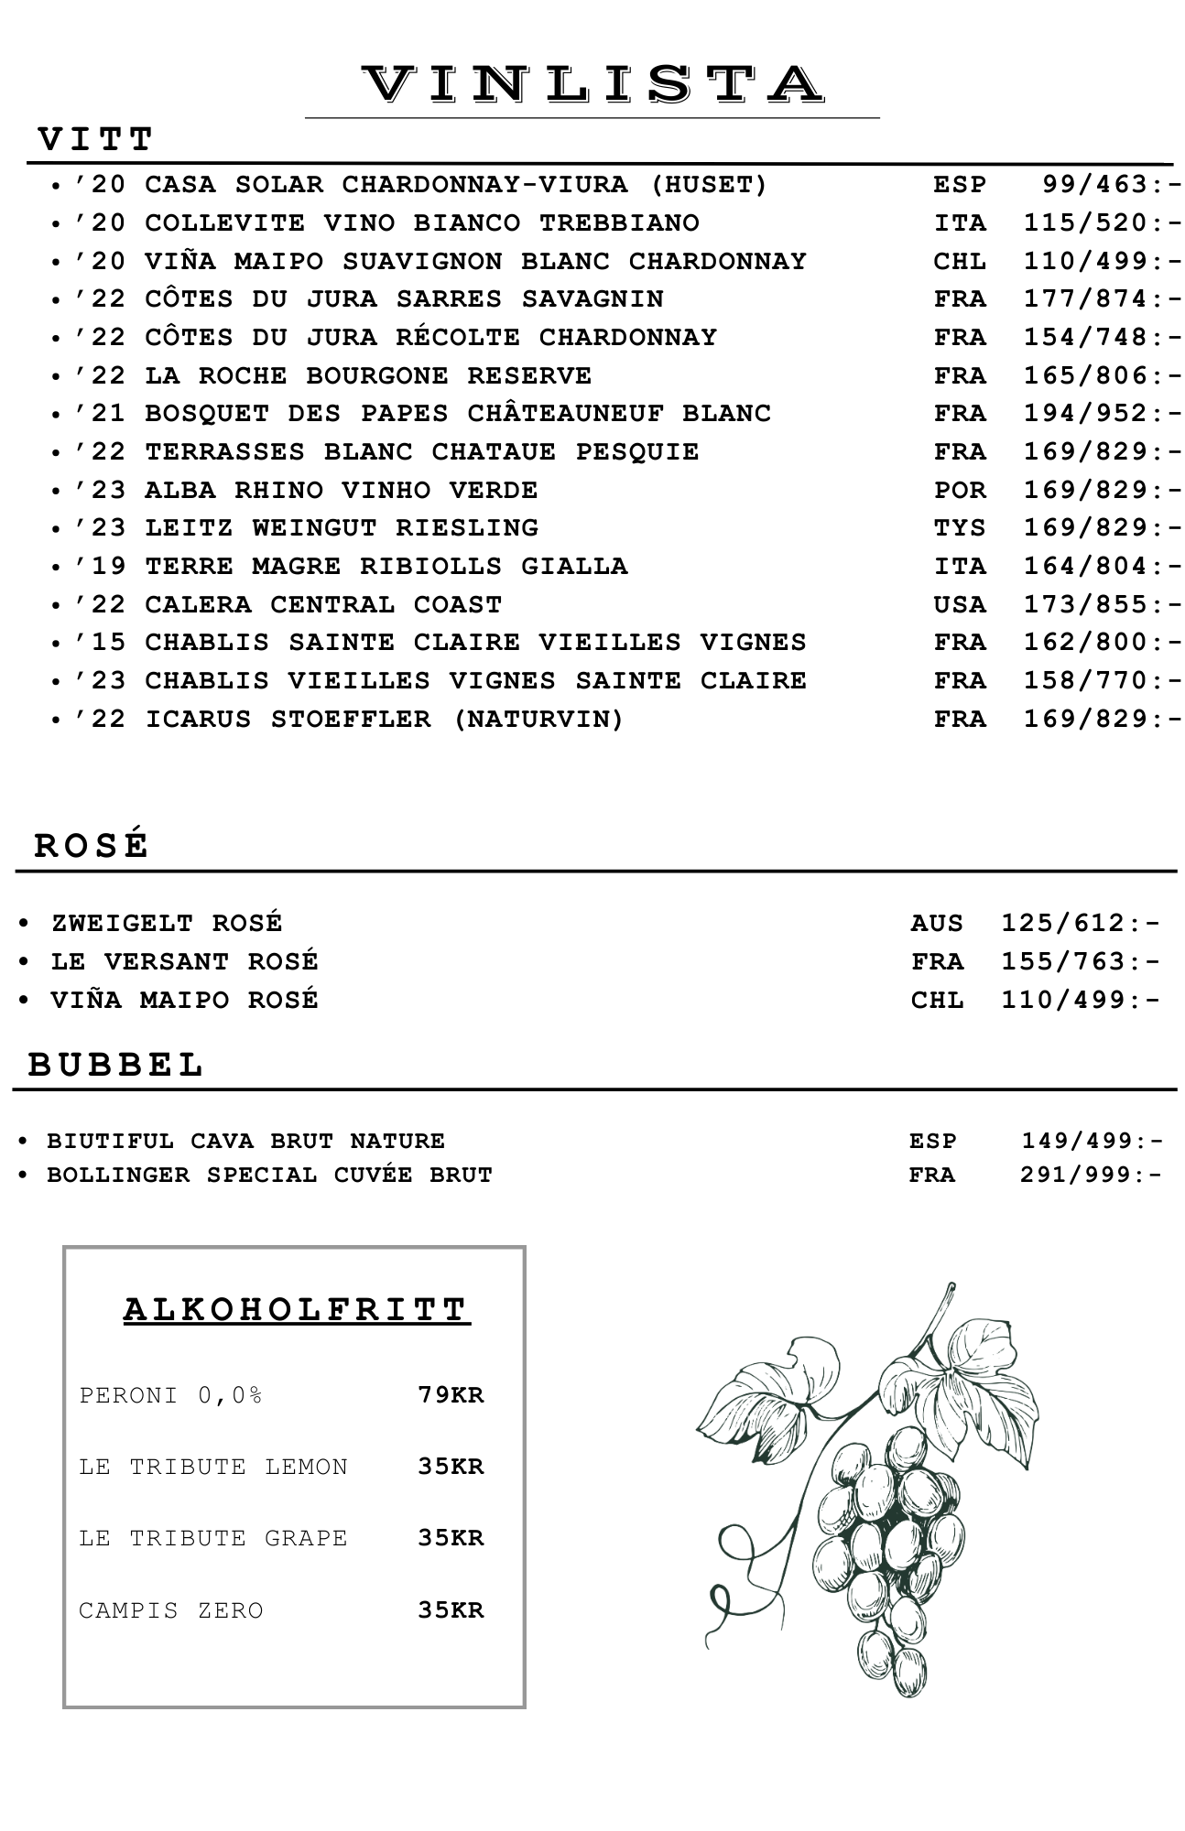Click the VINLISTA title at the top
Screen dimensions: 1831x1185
[592, 84]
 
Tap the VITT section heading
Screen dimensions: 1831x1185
[96, 140]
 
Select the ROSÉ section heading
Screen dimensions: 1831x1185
[92, 845]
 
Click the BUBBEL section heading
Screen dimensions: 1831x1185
[116, 1065]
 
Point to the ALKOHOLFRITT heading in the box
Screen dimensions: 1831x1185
[297, 1309]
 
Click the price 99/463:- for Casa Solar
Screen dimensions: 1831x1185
[1112, 185]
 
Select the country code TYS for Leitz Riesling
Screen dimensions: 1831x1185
[960, 528]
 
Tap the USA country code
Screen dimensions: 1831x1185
[960, 605]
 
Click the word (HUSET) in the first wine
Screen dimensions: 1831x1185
[709, 185]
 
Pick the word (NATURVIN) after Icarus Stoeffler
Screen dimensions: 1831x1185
[538, 720]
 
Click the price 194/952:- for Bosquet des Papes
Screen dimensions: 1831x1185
[1103, 414]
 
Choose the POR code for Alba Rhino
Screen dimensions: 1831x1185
[960, 491]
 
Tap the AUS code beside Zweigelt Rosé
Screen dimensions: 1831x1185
[937, 923]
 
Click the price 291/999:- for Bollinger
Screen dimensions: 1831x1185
[1092, 1175]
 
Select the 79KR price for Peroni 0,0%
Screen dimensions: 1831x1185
[451, 1395]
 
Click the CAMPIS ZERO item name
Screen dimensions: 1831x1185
[171, 1610]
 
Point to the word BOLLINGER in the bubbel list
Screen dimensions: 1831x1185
[118, 1175]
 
